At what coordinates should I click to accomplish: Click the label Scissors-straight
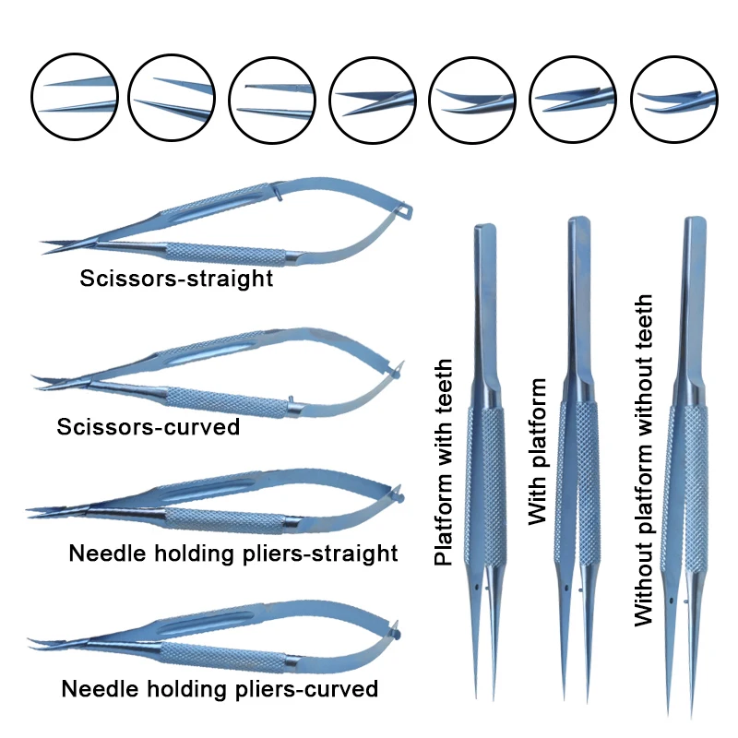175,278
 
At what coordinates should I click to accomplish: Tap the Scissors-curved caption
148,427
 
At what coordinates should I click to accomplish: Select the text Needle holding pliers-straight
232,553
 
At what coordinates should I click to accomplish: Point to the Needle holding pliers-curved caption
220,689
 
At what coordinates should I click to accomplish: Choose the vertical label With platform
538,452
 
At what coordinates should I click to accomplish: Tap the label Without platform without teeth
644,460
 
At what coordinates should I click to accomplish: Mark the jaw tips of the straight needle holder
32,509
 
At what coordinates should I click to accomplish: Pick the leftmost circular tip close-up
76,96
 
